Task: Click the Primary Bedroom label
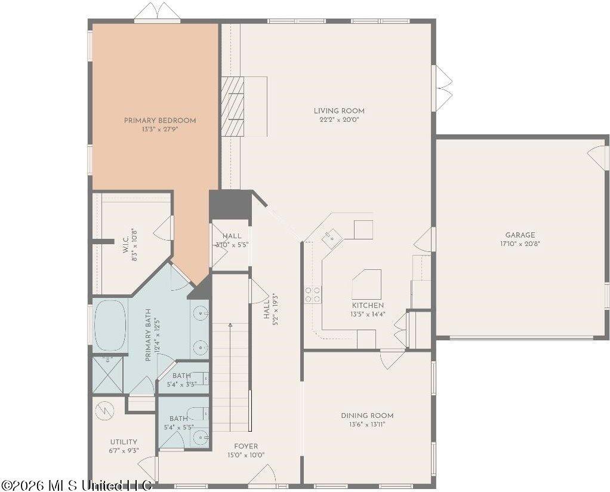point(160,121)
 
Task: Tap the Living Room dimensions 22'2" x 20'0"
point(339,119)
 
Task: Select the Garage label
point(520,235)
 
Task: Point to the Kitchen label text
point(367,305)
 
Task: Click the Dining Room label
point(367,416)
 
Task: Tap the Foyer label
point(246,446)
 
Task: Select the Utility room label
point(124,442)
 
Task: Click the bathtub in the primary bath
point(110,324)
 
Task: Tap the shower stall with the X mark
point(107,374)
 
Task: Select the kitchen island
point(366,283)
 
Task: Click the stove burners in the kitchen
point(313,294)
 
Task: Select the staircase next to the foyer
point(230,376)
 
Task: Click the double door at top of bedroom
point(157,13)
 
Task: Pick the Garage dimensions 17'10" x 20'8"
point(520,244)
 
